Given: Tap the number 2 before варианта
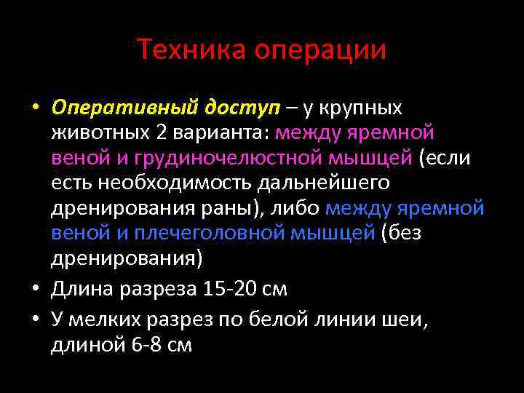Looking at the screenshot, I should click(161, 133).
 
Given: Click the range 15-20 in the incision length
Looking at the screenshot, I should click(221, 290).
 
